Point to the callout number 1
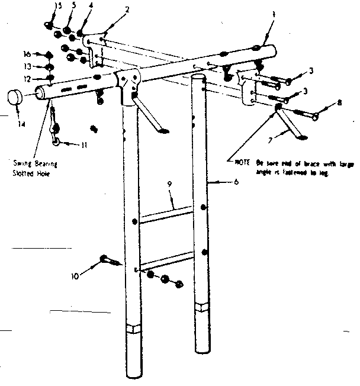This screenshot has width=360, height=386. (273, 14)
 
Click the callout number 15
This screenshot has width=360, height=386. (57, 6)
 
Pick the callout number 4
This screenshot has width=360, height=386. (90, 7)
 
